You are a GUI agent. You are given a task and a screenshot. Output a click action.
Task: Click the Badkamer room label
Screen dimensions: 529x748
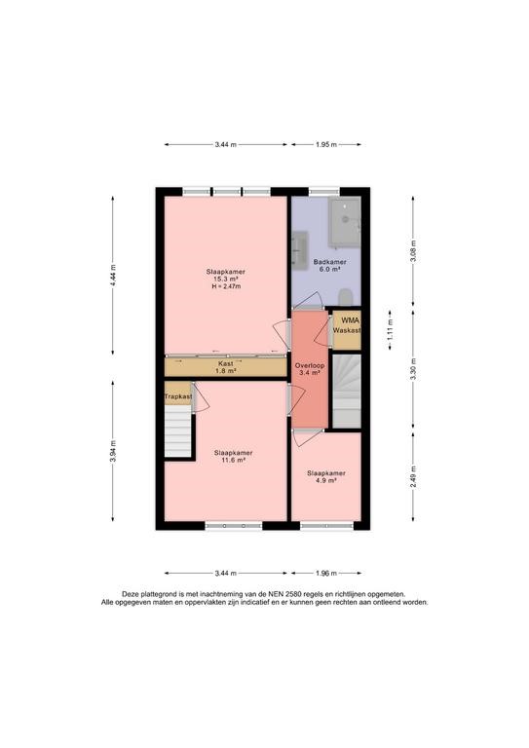coord(329,262)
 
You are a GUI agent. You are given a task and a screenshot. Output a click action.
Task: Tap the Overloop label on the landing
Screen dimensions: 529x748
coord(310,365)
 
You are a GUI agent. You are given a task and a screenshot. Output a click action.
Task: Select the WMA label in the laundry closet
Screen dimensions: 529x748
coord(350,320)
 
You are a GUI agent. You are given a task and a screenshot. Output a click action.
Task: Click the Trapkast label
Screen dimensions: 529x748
coord(178,396)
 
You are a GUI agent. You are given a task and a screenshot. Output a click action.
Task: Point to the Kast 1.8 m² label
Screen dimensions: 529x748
coord(226,367)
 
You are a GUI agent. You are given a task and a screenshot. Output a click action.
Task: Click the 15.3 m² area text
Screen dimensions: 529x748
coord(226,280)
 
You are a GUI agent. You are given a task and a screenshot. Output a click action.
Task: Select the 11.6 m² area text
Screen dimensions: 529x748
coord(233,461)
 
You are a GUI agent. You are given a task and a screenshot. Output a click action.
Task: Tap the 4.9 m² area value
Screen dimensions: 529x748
coord(326,481)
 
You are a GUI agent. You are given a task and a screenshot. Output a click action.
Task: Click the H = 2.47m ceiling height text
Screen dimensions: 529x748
coord(226,286)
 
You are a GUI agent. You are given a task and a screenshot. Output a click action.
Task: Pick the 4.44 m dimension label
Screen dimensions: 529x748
coord(113,276)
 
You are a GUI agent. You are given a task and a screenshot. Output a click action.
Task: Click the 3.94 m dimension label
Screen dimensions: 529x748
coord(113,451)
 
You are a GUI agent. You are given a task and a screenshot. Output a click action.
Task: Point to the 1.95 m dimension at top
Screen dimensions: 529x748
coord(326,144)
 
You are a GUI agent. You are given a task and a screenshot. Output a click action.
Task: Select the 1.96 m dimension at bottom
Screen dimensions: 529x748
coord(326,574)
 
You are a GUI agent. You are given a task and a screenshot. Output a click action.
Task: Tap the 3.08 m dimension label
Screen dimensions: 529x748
coord(414,251)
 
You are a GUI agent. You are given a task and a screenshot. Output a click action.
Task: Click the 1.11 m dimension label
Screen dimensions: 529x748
coord(391,329)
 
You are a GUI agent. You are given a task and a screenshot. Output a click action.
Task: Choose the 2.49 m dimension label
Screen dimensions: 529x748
coord(414,476)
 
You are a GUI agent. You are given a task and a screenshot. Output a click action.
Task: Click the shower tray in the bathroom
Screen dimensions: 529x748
coord(345,223)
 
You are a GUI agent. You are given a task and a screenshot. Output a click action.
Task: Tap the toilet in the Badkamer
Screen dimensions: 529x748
coord(345,297)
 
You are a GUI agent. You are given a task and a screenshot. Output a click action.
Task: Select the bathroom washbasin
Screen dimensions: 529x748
coord(299,247)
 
